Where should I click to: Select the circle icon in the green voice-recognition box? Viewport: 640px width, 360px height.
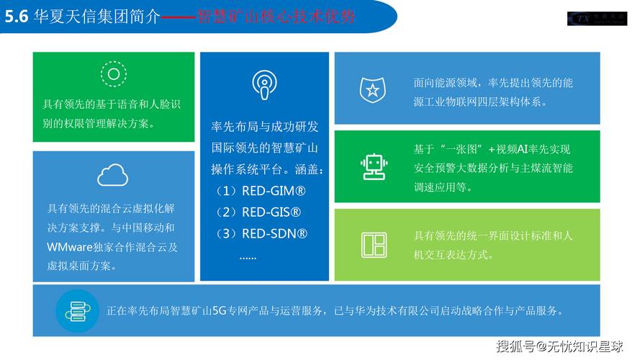click(113, 74)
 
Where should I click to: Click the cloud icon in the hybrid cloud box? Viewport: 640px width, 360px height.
click(113, 175)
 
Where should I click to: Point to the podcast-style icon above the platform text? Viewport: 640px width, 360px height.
click(264, 84)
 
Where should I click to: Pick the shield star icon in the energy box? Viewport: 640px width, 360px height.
click(372, 90)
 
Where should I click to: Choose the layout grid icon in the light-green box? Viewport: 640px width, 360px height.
click(373, 245)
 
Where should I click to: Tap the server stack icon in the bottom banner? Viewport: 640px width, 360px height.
click(76, 311)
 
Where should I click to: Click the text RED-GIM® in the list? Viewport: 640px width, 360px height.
click(274, 192)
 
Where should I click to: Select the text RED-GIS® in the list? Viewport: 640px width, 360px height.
click(271, 212)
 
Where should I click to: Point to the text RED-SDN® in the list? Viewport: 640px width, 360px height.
click(274, 233)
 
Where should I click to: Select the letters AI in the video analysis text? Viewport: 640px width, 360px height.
click(524, 149)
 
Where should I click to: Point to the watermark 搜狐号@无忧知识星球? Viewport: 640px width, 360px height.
click(560, 346)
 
